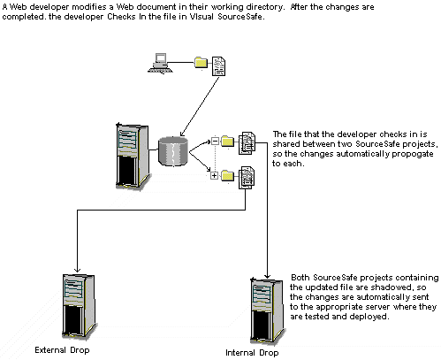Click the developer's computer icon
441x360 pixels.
(160, 63)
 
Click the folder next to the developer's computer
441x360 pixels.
(201, 63)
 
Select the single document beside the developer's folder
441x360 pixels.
(219, 66)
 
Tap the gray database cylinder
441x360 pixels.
(173, 151)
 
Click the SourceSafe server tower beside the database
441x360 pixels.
(133, 156)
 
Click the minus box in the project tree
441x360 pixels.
(215, 142)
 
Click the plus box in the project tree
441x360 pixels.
(214, 176)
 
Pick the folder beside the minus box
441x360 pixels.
(227, 142)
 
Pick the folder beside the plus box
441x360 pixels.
(227, 176)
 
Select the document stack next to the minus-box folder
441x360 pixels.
(247, 143)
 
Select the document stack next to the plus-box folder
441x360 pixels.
(247, 178)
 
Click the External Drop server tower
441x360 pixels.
(79, 306)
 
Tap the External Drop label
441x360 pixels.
(62, 350)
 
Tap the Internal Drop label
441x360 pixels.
(252, 353)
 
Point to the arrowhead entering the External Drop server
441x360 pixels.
(77, 270)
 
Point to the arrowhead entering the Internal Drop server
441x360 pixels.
(267, 277)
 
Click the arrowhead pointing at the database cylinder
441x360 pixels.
(181, 134)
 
